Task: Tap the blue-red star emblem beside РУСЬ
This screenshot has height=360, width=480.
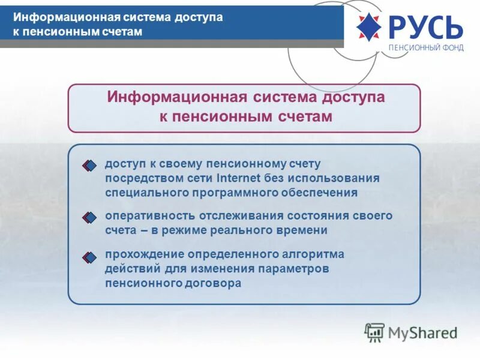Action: tap(369, 27)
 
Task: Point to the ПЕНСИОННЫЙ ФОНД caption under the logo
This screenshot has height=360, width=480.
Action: tap(426, 48)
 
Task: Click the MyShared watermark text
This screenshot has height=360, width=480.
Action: tap(423, 332)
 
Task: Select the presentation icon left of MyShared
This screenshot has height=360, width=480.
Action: tap(374, 332)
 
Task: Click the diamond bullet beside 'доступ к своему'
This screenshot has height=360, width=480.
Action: tap(89, 165)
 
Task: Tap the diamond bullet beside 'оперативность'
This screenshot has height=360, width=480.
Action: tap(89, 217)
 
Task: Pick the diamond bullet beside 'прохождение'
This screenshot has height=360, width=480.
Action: tap(89, 257)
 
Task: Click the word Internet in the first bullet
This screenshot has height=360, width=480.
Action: tap(238, 178)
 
